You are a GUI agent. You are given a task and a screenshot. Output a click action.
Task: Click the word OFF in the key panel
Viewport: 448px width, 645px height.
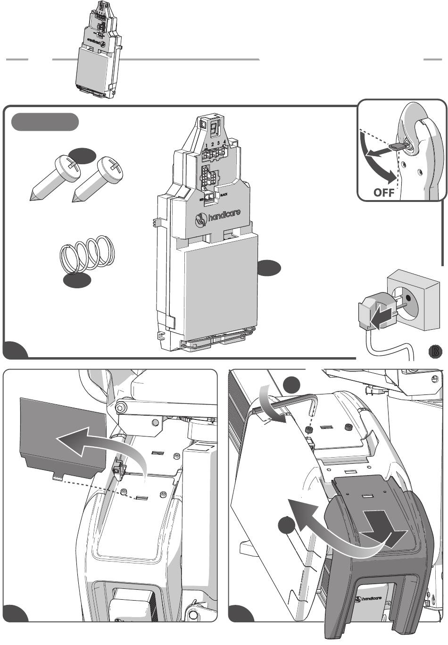point(384,193)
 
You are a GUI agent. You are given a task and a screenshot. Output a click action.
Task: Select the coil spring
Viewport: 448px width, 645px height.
point(87,254)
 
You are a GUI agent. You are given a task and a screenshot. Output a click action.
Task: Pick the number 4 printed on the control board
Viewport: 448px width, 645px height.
point(225,142)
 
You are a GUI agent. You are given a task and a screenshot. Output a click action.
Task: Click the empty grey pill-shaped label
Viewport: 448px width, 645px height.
point(45,121)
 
